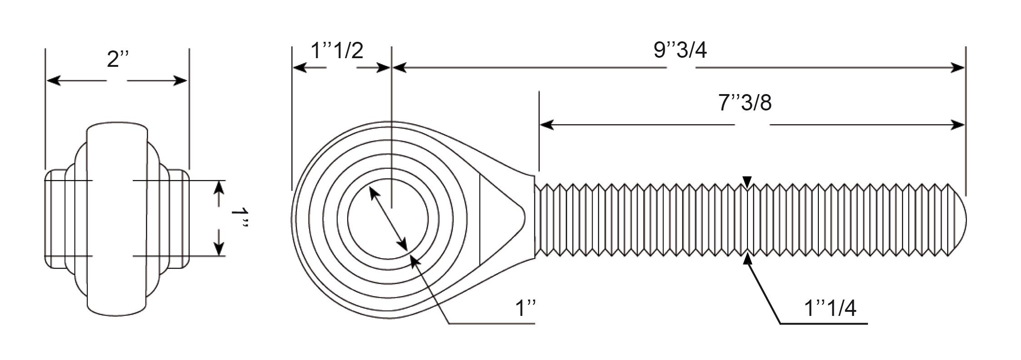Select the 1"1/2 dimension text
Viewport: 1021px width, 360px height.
337,50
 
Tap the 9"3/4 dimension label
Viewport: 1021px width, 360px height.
680,50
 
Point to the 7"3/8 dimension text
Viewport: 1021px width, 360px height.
745,103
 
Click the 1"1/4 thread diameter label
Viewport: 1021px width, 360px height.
830,308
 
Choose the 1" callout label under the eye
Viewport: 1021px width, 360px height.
526,309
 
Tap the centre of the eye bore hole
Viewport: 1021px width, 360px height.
388,219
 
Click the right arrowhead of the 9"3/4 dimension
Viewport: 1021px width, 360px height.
958,68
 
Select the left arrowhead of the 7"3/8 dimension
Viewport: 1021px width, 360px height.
547,125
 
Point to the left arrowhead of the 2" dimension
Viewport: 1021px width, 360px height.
54,81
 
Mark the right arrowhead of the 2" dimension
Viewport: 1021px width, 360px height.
180,81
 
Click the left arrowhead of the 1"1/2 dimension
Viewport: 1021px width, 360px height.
300,68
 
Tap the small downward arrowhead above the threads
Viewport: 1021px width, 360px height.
747,182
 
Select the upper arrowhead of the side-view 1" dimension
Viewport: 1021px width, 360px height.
219,188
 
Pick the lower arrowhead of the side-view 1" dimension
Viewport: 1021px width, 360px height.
219,248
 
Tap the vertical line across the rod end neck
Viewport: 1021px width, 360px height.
480,220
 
